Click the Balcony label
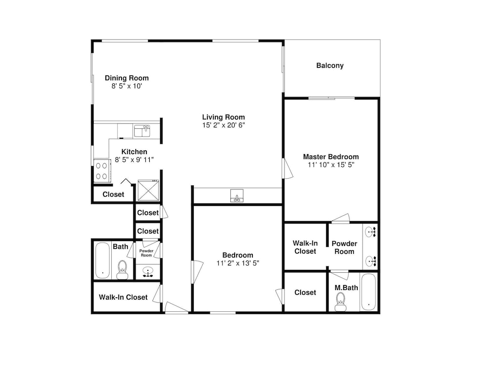click(x=330, y=66)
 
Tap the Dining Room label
click(x=127, y=78)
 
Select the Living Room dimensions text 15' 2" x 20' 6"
click(x=224, y=125)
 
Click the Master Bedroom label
click(x=331, y=157)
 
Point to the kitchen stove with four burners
click(x=102, y=171)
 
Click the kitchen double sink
click(x=142, y=131)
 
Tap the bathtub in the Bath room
click(x=102, y=261)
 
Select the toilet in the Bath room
click(x=122, y=269)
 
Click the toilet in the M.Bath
click(x=341, y=302)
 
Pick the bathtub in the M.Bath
click(x=368, y=292)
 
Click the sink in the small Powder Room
click(x=148, y=271)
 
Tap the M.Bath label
click(x=346, y=288)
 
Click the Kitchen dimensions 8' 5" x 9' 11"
click(x=134, y=160)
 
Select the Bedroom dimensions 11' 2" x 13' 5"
click(x=238, y=264)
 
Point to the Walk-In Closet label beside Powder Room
click(x=305, y=247)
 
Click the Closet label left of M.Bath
click(x=305, y=292)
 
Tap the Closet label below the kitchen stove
click(x=113, y=195)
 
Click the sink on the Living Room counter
click(x=237, y=196)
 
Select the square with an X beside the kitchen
click(x=148, y=190)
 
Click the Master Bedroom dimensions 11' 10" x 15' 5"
click(x=331, y=165)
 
